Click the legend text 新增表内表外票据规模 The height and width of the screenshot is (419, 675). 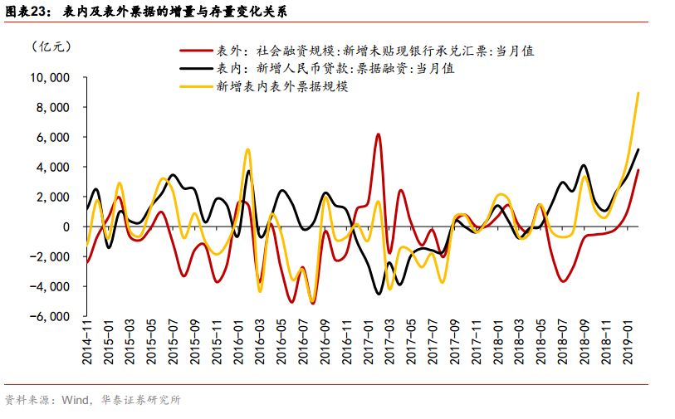pos(281,85)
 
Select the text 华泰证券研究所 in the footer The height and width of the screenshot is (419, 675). pos(139,400)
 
